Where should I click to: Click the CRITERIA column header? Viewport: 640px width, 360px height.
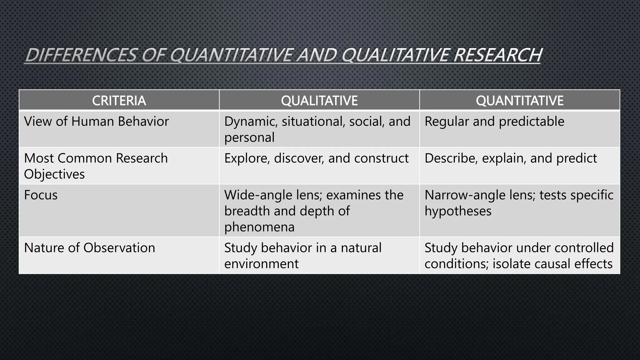tap(119, 101)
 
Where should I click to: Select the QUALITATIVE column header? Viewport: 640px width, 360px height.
tap(319, 101)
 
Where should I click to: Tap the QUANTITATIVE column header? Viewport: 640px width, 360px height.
tap(519, 101)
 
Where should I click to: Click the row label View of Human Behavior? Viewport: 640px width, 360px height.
tap(96, 122)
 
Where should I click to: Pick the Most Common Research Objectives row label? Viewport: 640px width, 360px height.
tap(96, 166)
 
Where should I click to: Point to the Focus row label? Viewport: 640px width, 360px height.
tap(41, 195)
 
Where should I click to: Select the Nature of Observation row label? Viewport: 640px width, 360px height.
tap(89, 248)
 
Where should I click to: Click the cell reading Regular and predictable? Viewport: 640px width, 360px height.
tap(494, 122)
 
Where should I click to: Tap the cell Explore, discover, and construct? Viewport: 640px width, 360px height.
tap(316, 158)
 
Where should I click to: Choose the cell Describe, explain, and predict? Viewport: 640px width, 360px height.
tap(511, 158)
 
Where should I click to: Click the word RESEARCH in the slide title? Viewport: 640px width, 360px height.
tap(497, 55)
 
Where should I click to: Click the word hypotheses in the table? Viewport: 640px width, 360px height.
tap(458, 211)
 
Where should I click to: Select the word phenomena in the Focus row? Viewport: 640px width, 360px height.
tap(259, 227)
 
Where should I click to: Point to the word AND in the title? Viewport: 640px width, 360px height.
tap(316, 55)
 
